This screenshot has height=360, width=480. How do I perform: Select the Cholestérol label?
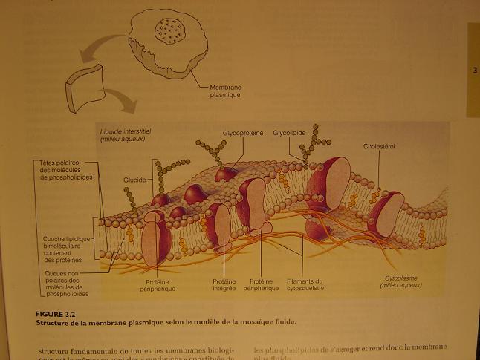[x=379, y=146]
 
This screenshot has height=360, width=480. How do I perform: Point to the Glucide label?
[x=134, y=180]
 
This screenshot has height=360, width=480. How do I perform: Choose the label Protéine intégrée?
[x=224, y=285]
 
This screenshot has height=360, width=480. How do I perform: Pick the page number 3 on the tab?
[x=473, y=71]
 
